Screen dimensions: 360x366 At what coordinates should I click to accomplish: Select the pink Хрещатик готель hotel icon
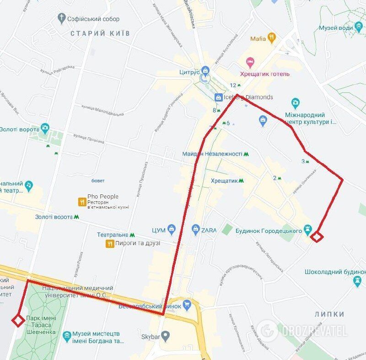250,61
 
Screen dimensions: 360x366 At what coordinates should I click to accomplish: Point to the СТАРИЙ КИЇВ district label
100,33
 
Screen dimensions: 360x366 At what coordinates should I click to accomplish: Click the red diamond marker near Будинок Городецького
317,236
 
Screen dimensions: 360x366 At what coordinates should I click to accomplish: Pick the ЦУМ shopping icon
172,228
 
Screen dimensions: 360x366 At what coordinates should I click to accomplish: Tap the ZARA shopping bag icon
195,228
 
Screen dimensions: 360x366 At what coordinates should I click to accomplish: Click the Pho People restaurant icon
82,200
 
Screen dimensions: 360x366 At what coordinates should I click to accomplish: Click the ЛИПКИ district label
329,314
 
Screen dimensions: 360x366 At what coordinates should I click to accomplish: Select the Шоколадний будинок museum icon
358,281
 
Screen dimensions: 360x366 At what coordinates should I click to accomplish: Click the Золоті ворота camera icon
44,128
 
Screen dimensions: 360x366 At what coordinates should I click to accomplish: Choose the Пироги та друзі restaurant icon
109,243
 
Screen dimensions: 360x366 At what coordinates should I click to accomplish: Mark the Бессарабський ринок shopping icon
187,304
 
